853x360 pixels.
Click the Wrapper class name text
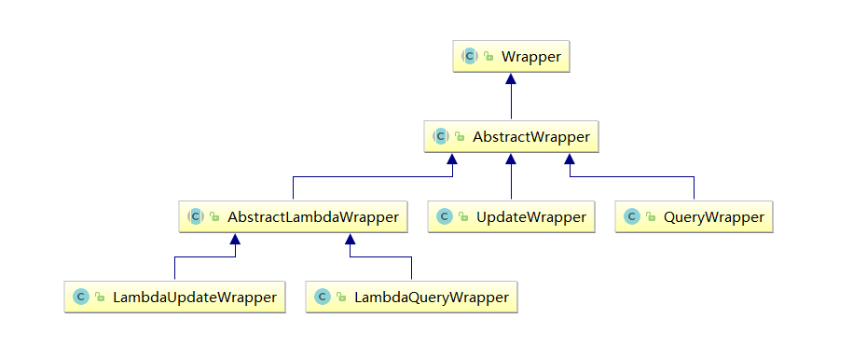[x=531, y=57]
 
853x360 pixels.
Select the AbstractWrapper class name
[x=531, y=137]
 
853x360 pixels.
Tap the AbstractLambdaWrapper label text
[x=313, y=217]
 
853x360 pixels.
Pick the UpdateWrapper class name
[x=531, y=217]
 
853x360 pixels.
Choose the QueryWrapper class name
[x=714, y=217]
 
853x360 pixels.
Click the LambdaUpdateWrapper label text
[x=195, y=298]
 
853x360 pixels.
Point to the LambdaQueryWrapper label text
[x=432, y=298]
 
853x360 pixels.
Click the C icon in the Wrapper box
[x=470, y=56]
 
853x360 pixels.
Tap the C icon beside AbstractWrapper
[x=441, y=137]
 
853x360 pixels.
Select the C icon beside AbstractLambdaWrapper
[x=195, y=216]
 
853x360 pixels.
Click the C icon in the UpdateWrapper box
[x=445, y=216]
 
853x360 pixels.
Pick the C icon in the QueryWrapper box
[x=631, y=216]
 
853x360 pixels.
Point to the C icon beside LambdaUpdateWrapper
[x=80, y=297]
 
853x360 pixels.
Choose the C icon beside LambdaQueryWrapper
[x=323, y=297]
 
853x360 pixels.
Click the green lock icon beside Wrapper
[x=488, y=57]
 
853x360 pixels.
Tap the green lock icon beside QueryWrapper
[x=651, y=217]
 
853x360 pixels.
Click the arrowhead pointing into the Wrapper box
[x=511, y=78]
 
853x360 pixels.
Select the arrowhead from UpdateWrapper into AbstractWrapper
[x=511, y=159]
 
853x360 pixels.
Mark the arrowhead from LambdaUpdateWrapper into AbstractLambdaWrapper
[x=235, y=239]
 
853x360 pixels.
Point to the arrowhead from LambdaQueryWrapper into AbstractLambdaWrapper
[x=351, y=239]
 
